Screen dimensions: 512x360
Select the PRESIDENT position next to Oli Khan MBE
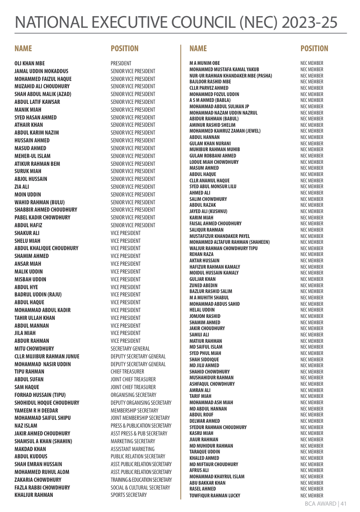click(x=121, y=63)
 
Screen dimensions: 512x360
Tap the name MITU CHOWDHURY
click(x=34, y=349)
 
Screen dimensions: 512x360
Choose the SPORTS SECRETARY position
click(x=129, y=495)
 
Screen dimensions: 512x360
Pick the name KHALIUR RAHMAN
click(x=34, y=495)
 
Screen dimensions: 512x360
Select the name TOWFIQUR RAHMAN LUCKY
click(x=215, y=495)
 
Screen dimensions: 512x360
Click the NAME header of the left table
click(x=23, y=49)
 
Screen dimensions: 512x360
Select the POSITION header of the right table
click(x=314, y=49)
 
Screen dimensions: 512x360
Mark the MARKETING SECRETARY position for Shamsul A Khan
click(x=133, y=441)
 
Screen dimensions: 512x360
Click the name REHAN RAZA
click(x=201, y=254)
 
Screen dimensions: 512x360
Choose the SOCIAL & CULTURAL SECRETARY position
click(x=140, y=487)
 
